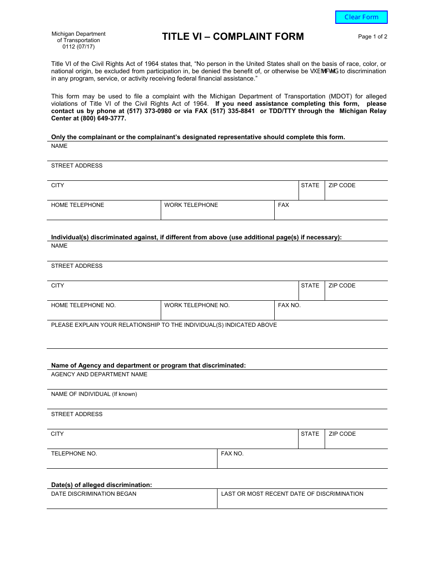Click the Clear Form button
click(x=361, y=17)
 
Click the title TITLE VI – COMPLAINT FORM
click(x=233, y=37)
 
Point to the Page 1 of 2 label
click(x=372, y=37)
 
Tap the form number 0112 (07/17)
click(x=78, y=47)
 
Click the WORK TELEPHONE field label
click(x=191, y=205)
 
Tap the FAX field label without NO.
click(x=283, y=205)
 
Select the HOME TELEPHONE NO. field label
click(x=83, y=305)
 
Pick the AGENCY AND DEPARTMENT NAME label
click(x=99, y=374)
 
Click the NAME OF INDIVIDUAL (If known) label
click(x=94, y=394)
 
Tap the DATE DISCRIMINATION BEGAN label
click(x=93, y=494)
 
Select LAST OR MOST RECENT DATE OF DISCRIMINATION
click(x=292, y=494)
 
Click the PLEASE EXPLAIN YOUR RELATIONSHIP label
click(x=164, y=325)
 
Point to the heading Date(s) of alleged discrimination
click(x=101, y=485)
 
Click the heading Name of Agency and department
click(x=148, y=365)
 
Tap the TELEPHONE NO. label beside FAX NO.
click(x=74, y=454)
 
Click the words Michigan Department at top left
click(x=78, y=34)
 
